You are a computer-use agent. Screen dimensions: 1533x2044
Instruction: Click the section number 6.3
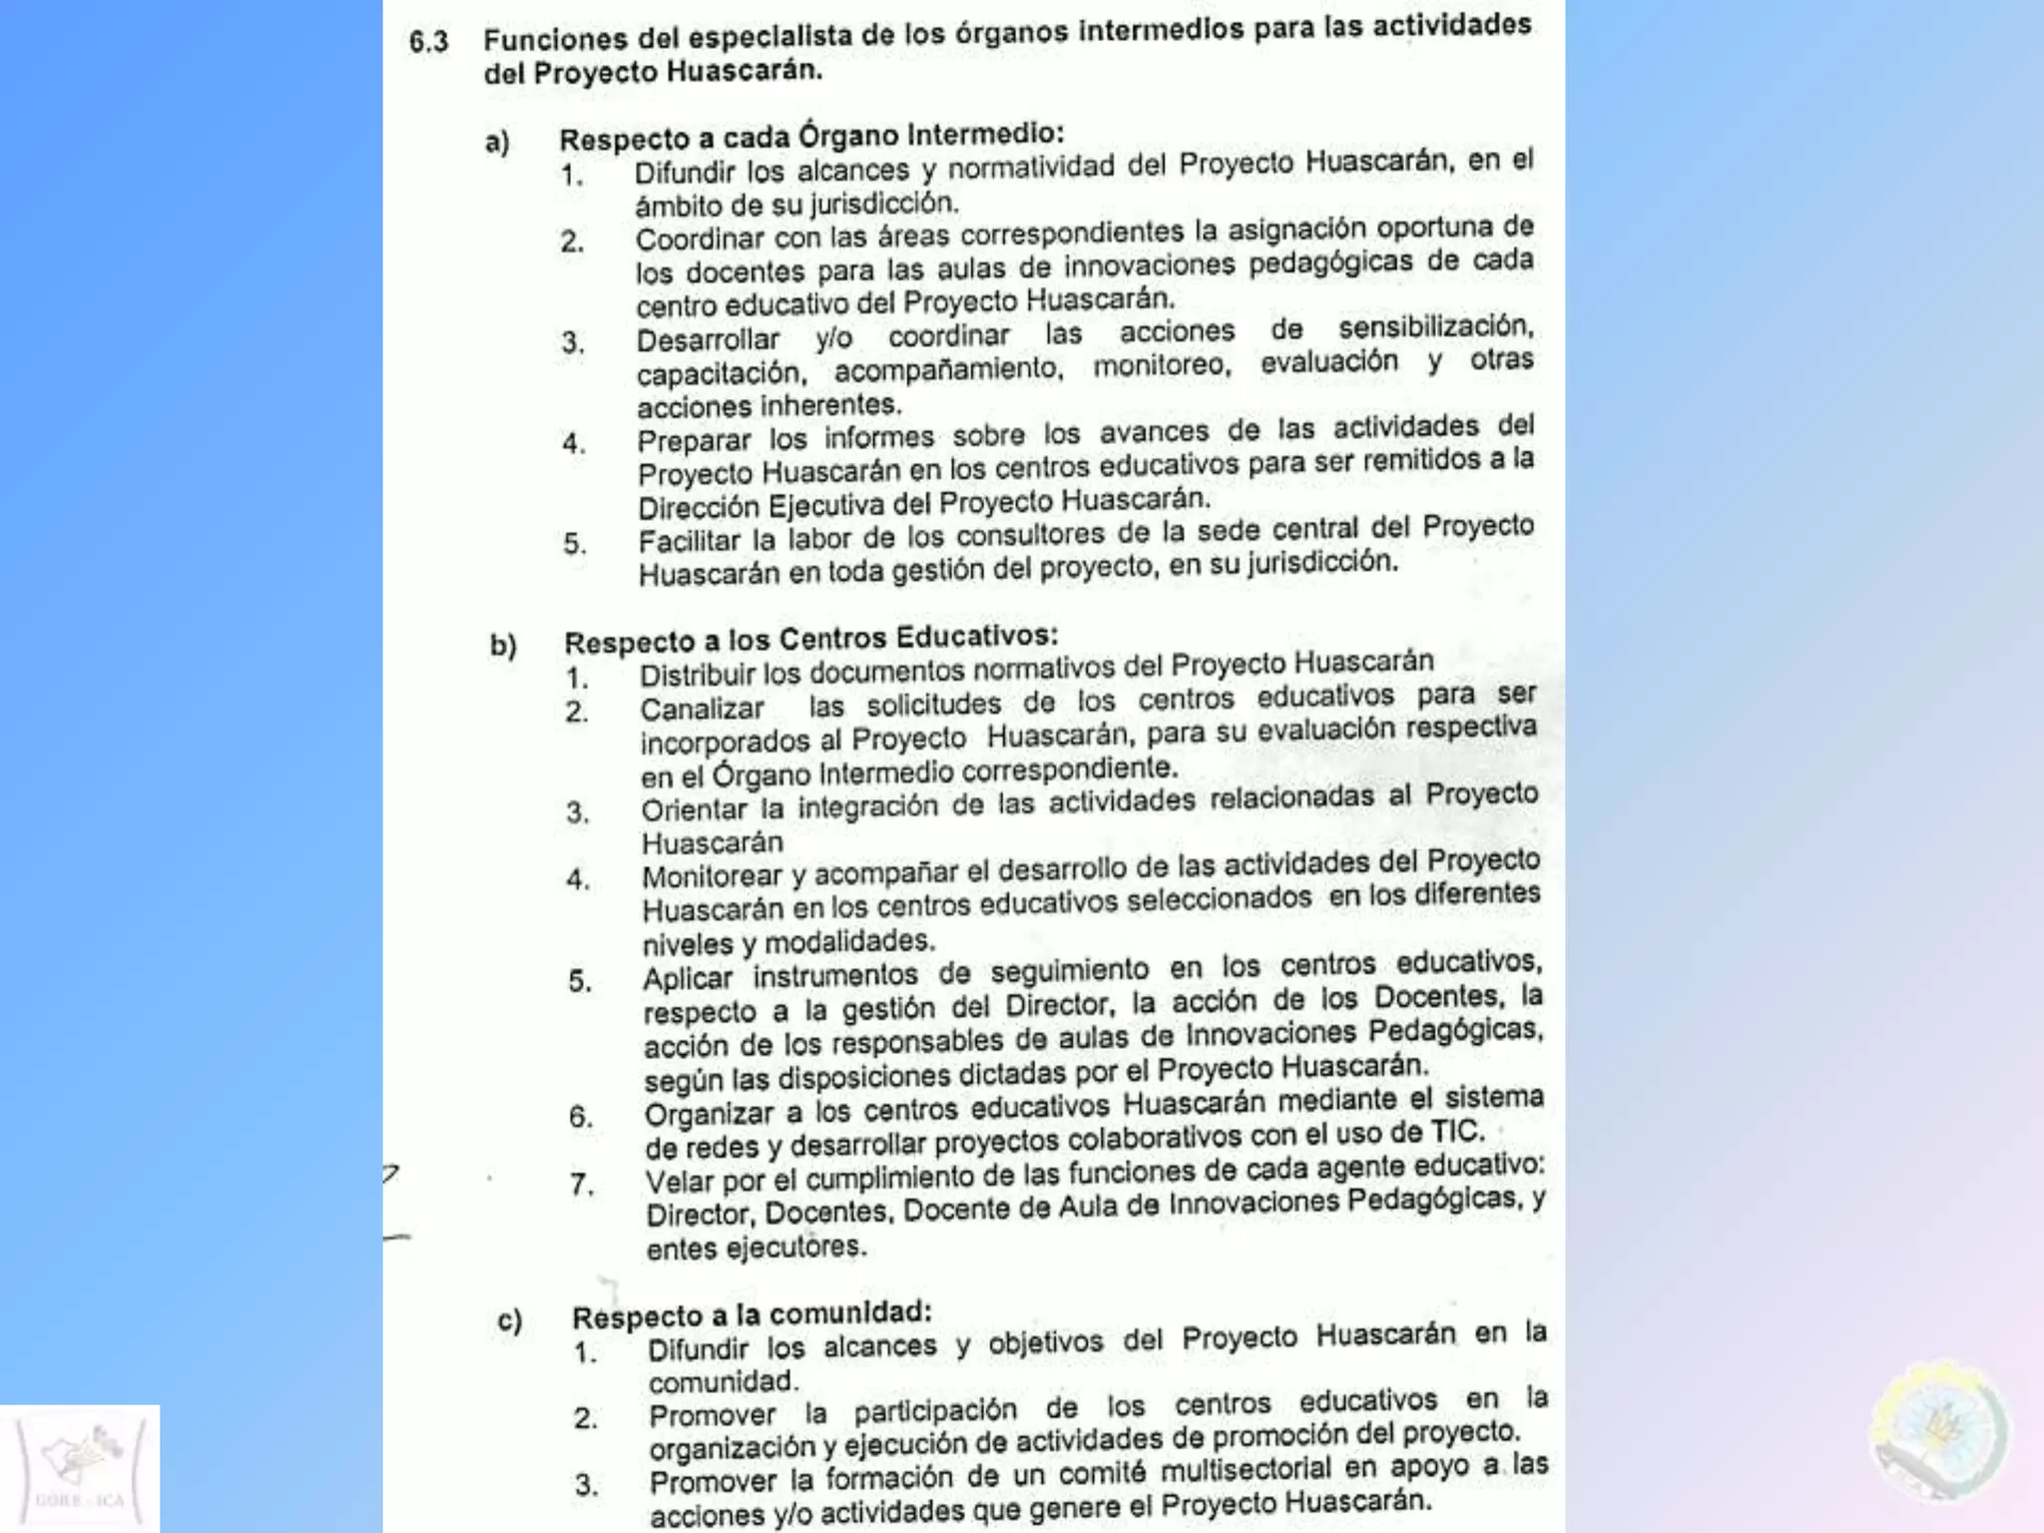(428, 42)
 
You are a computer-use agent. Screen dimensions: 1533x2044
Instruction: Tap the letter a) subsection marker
(497, 143)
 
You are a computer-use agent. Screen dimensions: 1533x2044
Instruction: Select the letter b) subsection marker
(503, 646)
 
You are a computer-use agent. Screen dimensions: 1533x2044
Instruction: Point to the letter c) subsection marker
(510, 1320)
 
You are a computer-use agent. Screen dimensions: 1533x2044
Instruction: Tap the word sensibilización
(1435, 327)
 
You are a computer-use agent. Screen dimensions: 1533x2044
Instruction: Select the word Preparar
(694, 440)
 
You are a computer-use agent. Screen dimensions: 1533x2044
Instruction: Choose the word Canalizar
(702, 710)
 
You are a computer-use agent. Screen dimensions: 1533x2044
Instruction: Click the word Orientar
(694, 810)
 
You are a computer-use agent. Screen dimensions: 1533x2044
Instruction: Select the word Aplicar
(688, 979)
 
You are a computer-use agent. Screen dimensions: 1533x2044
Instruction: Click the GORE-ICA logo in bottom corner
(80, 1468)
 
